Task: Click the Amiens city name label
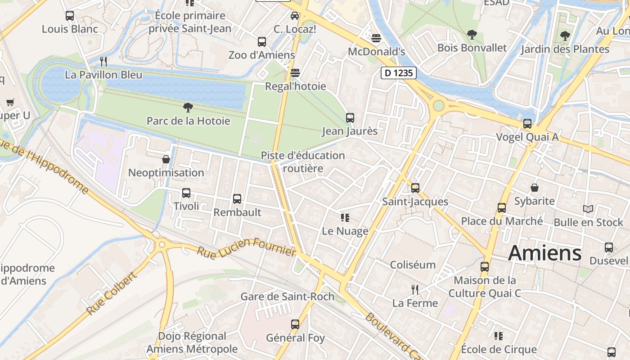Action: [544, 253]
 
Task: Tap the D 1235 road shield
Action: [399, 73]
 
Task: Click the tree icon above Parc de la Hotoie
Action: [188, 107]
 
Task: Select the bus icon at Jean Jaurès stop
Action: [350, 118]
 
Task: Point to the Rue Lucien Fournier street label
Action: [246, 247]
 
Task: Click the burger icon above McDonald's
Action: [377, 38]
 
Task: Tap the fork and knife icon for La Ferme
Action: [415, 290]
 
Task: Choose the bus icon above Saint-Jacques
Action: [415, 188]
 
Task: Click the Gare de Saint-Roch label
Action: [287, 297]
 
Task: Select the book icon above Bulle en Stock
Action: [588, 209]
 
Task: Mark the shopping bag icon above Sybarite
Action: [535, 188]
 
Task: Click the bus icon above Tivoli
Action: [186, 193]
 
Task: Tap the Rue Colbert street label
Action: [111, 294]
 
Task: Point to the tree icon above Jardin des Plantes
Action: [565, 36]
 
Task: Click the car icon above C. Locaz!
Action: [295, 16]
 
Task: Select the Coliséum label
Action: [413, 265]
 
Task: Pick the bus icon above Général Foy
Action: [295, 324]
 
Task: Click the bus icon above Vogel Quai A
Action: [527, 124]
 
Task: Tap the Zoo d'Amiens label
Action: [262, 55]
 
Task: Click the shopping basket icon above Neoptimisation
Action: [166, 159]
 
